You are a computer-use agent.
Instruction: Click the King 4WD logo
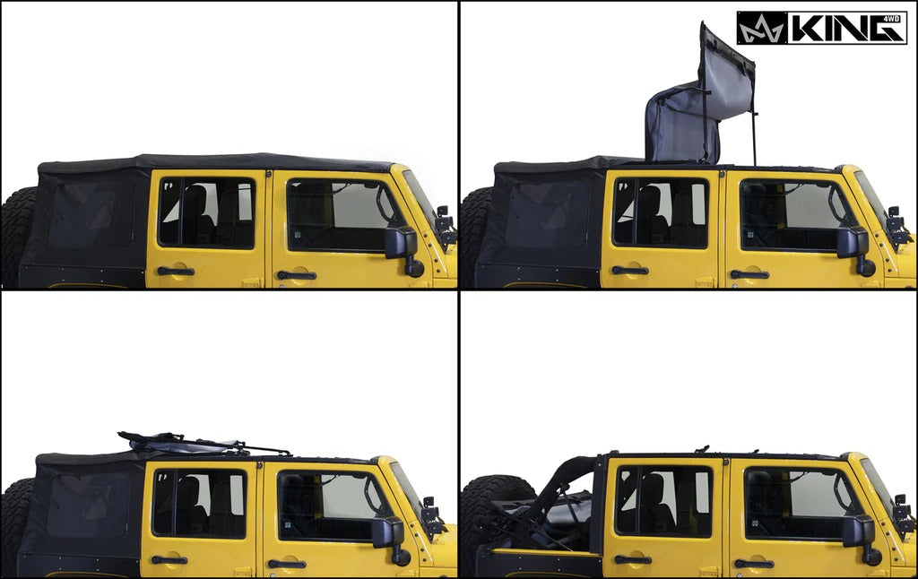tap(820, 28)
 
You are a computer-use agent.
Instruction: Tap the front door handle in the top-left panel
tap(296, 274)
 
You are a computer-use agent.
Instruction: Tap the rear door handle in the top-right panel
tap(629, 270)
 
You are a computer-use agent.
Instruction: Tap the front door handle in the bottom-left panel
tap(286, 564)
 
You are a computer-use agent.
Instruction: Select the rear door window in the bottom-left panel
tap(199, 504)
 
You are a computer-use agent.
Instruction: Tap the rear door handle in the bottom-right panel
tap(633, 560)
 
